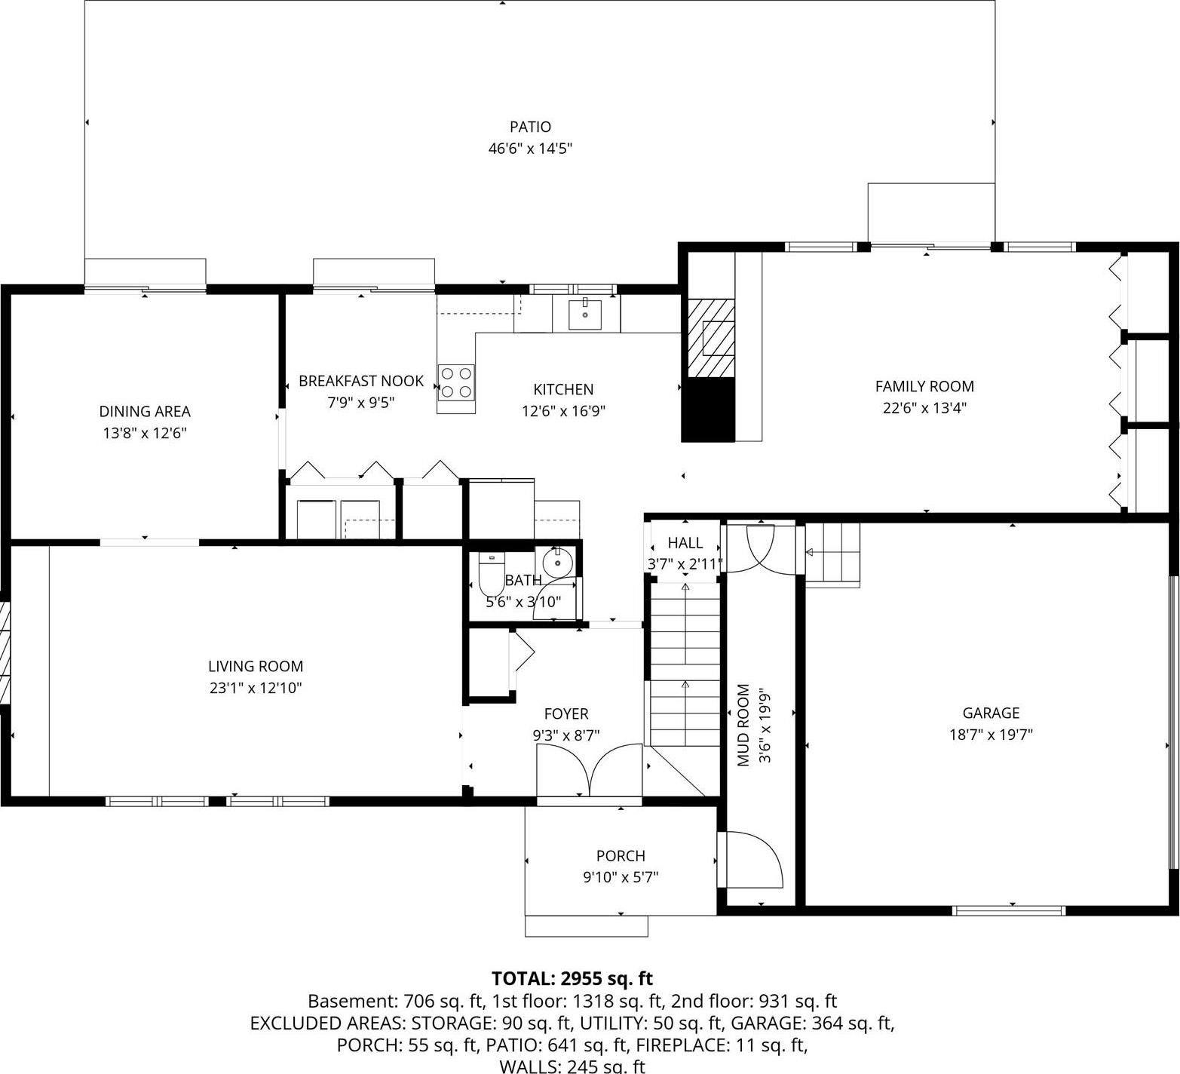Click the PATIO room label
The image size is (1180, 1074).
530,127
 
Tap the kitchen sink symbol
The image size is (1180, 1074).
585,314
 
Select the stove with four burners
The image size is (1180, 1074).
456,382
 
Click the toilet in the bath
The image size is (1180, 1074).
491,576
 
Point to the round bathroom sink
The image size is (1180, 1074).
558,563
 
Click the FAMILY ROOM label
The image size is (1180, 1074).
924,386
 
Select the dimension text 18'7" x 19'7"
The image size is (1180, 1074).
991,735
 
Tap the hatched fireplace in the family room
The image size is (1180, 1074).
710,338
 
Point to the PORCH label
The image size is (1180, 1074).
621,855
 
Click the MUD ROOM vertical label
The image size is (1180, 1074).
743,725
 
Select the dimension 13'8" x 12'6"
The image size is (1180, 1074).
145,433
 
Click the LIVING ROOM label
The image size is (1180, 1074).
256,666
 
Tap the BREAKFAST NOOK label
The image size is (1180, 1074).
361,381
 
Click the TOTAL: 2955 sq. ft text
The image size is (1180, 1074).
572,978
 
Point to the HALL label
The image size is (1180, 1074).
685,542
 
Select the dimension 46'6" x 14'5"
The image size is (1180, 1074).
530,149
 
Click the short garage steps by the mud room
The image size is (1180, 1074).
833,554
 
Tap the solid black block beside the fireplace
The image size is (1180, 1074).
708,410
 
